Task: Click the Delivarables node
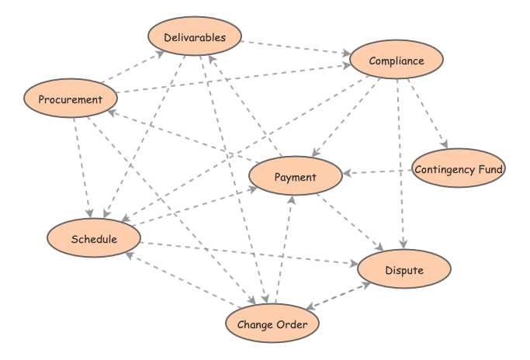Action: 196,37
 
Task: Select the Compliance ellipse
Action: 397,61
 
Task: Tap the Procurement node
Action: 71,99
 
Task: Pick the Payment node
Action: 296,177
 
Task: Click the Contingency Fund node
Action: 459,169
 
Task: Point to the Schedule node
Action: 94,238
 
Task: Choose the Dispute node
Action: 404,270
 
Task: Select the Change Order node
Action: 272,324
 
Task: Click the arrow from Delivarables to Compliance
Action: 296,48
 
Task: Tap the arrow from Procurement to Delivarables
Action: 132,67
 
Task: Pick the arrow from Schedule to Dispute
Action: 248,254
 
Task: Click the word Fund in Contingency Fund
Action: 490,169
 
